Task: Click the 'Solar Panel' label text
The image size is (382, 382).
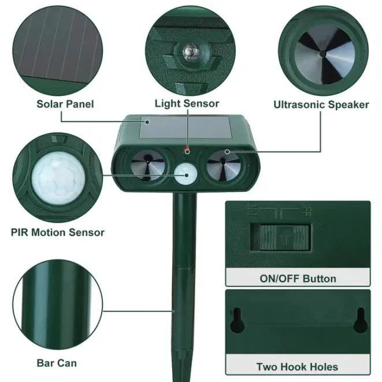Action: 65,105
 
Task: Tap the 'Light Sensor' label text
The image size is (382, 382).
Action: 187,104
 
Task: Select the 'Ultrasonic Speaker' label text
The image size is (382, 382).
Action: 321,105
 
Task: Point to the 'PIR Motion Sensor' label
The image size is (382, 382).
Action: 58,232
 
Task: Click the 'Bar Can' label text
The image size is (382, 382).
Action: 57,363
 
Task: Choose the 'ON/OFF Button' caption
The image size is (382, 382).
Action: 298,279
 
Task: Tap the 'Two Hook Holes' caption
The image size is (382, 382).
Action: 297,366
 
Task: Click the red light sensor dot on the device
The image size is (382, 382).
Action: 187,150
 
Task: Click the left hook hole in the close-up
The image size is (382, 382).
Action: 236,320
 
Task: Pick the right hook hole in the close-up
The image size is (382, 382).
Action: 359,318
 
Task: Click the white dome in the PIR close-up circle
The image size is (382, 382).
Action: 55,179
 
